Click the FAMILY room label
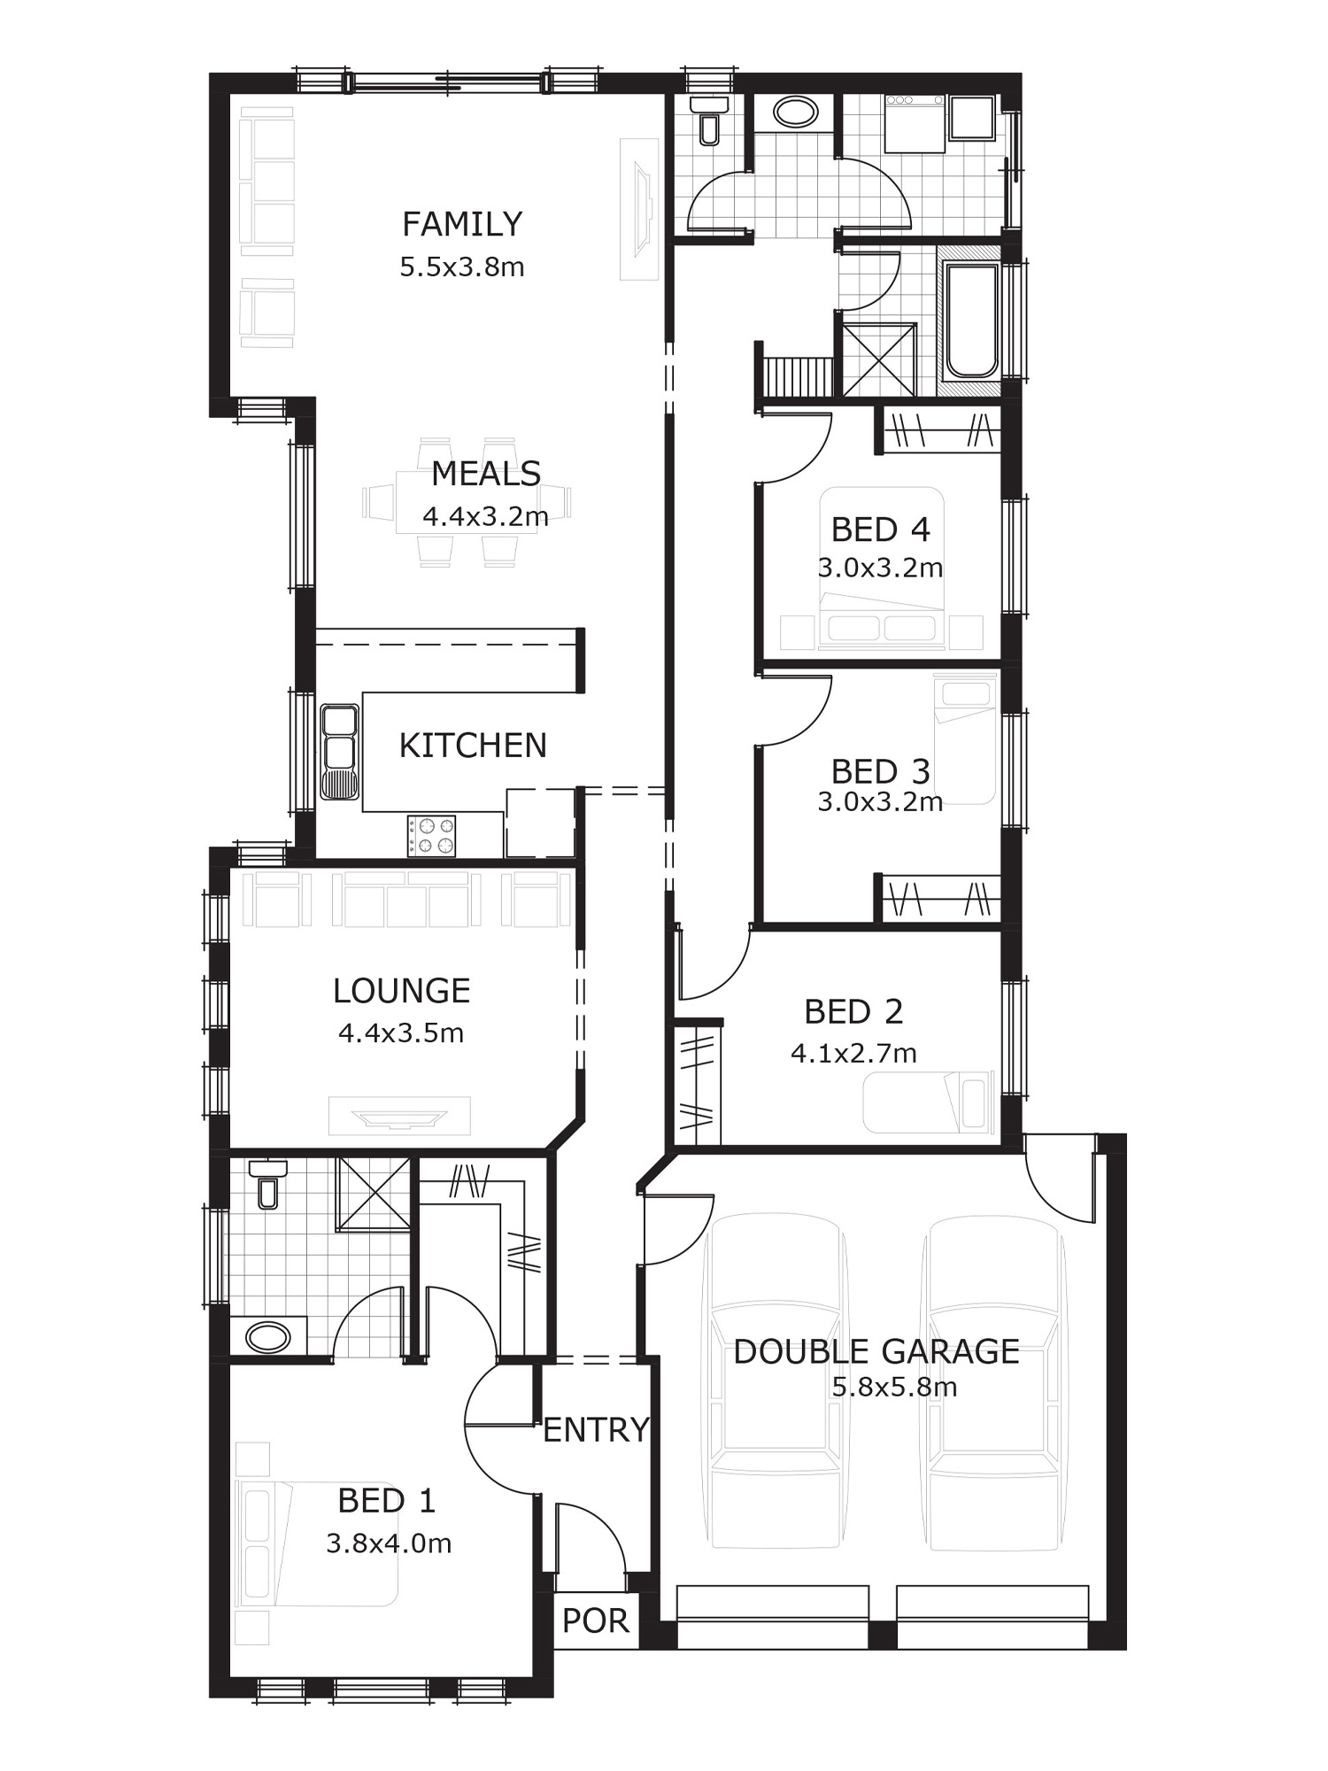point(462,224)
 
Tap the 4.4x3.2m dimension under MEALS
point(485,516)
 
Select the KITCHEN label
point(473,746)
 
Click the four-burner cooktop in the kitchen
point(431,836)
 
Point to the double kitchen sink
point(340,752)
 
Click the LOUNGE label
point(401,991)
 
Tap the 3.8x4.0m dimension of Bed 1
point(389,1543)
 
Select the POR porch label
point(596,1620)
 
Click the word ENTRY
point(596,1430)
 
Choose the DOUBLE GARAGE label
point(876,1351)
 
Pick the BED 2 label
point(853,1011)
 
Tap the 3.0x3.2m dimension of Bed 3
point(880,801)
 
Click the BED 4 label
point(880,530)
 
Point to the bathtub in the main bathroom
point(972,321)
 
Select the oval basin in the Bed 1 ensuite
point(268,1336)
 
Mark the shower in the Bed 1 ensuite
point(373,1194)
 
